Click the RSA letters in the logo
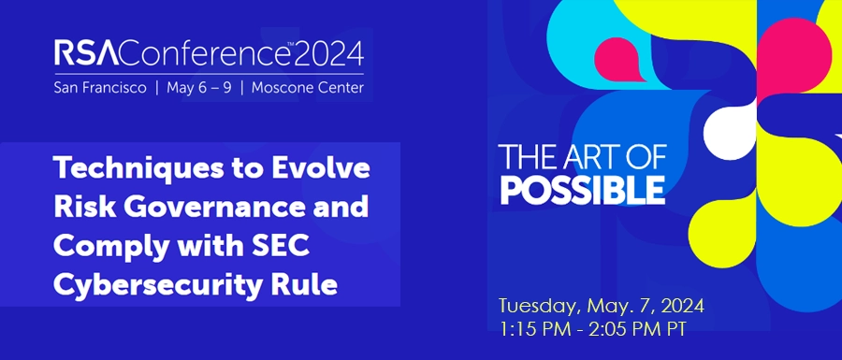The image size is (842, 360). click(x=85, y=53)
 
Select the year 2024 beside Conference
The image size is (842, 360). click(x=328, y=53)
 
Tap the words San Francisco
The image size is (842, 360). click(x=100, y=88)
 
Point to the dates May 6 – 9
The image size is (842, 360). click(x=198, y=88)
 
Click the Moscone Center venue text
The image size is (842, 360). click(x=307, y=88)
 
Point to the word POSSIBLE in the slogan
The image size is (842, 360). click(x=583, y=190)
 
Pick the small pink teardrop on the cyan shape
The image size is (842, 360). click(x=620, y=59)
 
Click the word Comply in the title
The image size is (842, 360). click(x=99, y=247)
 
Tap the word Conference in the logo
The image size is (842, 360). click(x=205, y=53)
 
